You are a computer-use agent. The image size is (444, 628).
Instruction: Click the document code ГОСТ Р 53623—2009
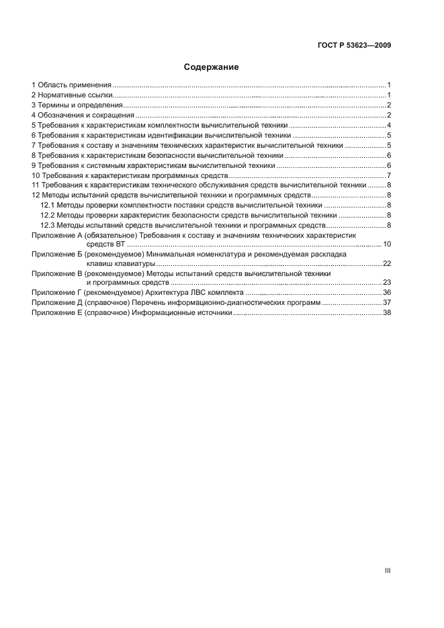(353, 46)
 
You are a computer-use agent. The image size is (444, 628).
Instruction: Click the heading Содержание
(211, 67)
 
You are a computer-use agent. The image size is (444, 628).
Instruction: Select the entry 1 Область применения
(71, 85)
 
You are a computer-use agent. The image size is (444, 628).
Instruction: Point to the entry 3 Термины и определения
(77, 105)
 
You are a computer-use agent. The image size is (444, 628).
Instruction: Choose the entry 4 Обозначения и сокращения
(83, 116)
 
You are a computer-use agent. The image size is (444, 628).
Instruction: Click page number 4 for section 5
(389, 126)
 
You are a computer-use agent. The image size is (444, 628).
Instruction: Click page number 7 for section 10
(389, 175)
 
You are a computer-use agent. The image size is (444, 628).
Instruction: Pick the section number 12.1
(48, 205)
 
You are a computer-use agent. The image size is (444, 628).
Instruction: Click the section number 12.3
(48, 224)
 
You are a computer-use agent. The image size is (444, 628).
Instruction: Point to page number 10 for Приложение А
(387, 244)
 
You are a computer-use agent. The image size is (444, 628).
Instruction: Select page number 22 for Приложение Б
(387, 264)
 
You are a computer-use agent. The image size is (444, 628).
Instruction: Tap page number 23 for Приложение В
(387, 283)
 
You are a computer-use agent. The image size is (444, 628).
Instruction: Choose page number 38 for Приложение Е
(387, 313)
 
